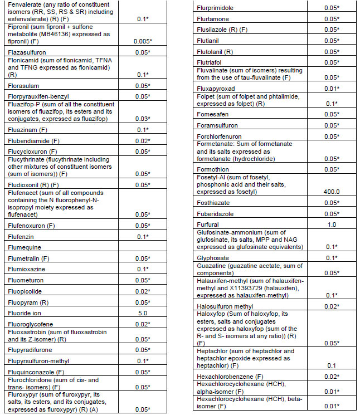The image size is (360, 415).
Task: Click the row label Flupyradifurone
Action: [31, 350]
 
